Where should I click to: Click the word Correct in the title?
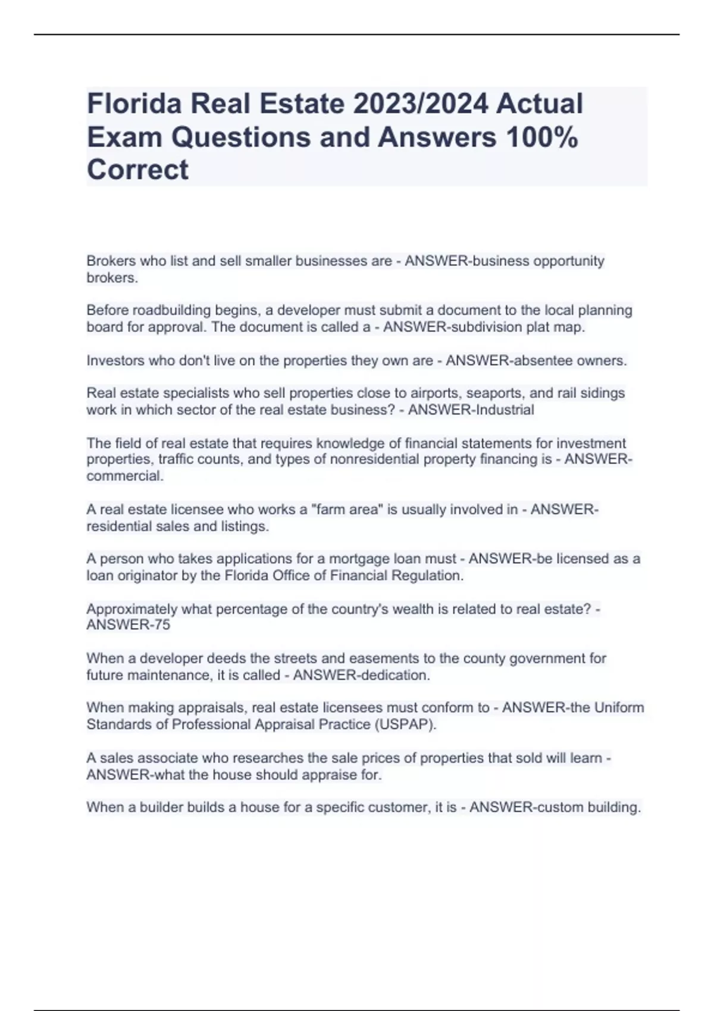[137, 170]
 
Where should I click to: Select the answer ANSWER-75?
[128, 625]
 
